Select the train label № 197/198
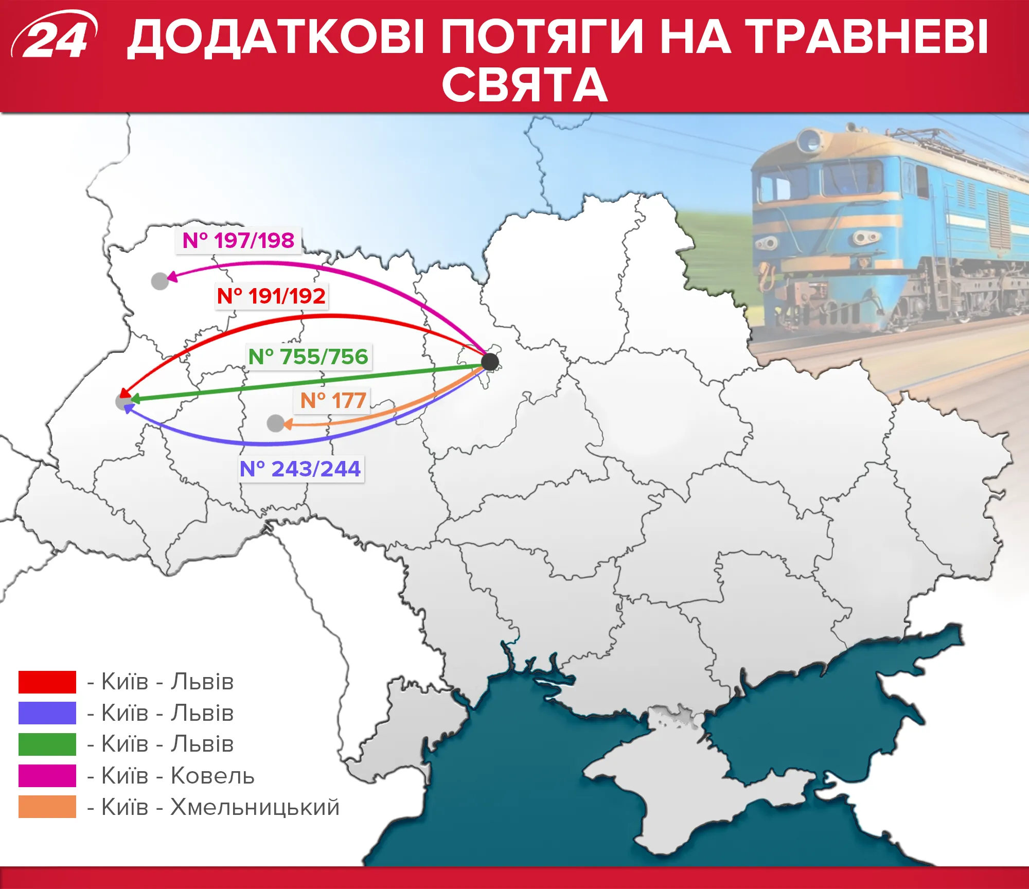pyautogui.click(x=238, y=240)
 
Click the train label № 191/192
pyautogui.click(x=271, y=296)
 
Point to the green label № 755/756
pyautogui.click(x=308, y=357)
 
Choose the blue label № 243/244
pyautogui.click(x=300, y=469)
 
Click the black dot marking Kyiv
pyautogui.click(x=490, y=362)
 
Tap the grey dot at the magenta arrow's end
pyautogui.click(x=160, y=281)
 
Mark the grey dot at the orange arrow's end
pyautogui.click(x=276, y=423)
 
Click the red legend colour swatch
pyautogui.click(x=47, y=682)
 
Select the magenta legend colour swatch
pyautogui.click(x=47, y=775)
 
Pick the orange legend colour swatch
pyautogui.click(x=47, y=806)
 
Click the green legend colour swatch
pyautogui.click(x=47, y=744)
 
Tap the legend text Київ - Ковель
pyautogui.click(x=178, y=776)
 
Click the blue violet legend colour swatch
pyautogui.click(x=47, y=713)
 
